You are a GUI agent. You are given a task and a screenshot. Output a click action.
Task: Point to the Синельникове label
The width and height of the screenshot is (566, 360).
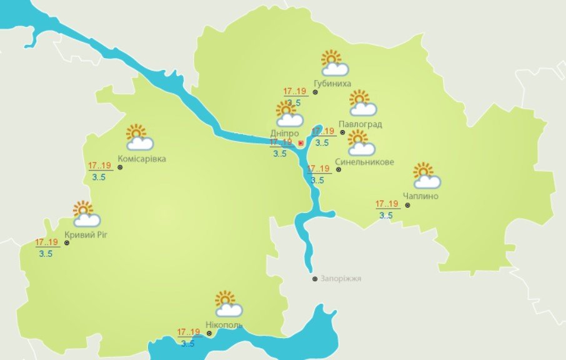[x=364, y=162]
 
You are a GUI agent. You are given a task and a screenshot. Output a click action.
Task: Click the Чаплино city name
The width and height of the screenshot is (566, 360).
[x=420, y=196]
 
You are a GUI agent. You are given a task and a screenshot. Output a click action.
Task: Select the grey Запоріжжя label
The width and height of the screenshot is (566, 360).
[x=341, y=279]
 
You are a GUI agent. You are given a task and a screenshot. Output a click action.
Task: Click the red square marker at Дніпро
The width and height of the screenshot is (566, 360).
[x=300, y=143]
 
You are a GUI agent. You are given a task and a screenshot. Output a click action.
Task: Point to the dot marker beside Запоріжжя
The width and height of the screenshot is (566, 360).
[x=315, y=279]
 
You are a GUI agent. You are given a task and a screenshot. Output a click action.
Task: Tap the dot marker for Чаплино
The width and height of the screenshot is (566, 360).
[x=407, y=204]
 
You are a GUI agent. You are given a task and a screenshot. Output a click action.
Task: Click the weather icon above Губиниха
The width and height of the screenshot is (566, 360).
[x=334, y=63]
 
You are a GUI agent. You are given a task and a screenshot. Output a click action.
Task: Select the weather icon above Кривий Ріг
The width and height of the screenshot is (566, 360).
[x=86, y=214]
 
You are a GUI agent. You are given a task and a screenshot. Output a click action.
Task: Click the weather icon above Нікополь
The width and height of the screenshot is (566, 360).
[x=228, y=304]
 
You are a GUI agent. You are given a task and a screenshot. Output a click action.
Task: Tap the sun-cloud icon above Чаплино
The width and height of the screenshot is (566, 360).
[x=426, y=176]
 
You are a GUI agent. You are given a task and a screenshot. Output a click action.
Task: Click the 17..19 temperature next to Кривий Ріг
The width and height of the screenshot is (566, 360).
[x=47, y=242]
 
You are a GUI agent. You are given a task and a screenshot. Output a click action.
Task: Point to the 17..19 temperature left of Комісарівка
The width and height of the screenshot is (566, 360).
[x=99, y=166]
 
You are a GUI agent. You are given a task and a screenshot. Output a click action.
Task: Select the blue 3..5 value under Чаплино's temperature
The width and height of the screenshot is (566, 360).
[x=386, y=216]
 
